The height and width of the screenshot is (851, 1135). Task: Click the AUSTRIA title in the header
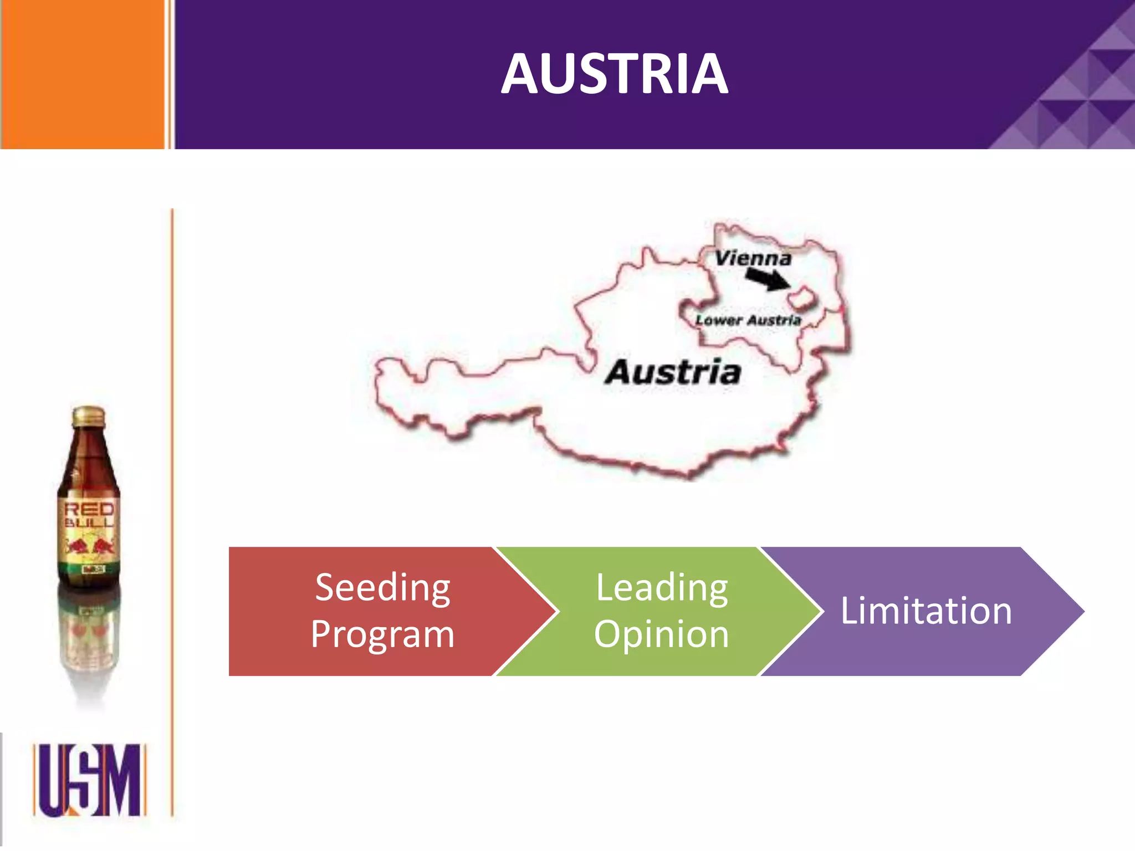click(614, 74)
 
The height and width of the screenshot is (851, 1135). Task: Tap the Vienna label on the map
click(753, 258)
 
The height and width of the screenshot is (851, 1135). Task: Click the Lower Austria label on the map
click(748, 320)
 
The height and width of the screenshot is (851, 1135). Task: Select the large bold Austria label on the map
click(673, 372)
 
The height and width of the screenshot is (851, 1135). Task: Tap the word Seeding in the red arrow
click(382, 588)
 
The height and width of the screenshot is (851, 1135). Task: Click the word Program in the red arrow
click(382, 634)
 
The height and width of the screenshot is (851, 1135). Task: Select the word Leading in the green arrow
click(662, 588)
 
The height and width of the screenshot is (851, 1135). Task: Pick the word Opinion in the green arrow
click(662, 634)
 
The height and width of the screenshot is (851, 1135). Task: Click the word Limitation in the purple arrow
click(926, 611)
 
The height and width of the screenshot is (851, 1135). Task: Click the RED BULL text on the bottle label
click(89, 515)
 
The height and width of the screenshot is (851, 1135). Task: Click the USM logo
click(89, 780)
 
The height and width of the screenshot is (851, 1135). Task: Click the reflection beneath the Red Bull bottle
click(89, 643)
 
